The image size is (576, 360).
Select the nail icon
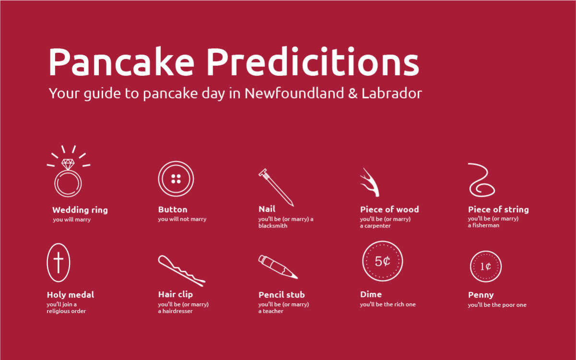(x=276, y=188)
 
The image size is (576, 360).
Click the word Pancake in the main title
(x=121, y=62)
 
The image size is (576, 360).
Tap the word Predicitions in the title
(x=313, y=62)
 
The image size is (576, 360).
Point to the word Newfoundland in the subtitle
(x=294, y=93)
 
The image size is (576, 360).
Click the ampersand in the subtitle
(x=353, y=93)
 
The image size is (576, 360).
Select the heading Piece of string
(x=498, y=210)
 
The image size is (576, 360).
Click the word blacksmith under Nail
(x=273, y=226)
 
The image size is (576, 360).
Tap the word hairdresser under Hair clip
(x=178, y=311)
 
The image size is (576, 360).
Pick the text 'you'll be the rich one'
(x=388, y=304)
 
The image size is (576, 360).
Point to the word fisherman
(x=486, y=225)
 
